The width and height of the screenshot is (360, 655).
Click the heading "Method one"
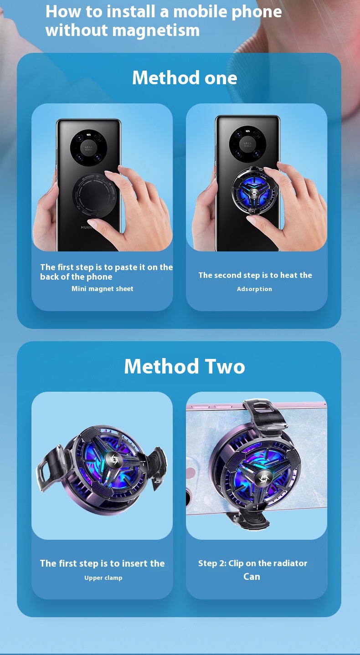pyautogui.click(x=185, y=78)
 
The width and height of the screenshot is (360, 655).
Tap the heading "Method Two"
pyautogui.click(x=185, y=366)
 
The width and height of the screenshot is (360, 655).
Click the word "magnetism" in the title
pyautogui.click(x=156, y=31)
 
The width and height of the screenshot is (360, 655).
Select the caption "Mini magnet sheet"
pyautogui.click(x=103, y=289)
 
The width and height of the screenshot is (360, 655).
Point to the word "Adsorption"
pyautogui.click(x=254, y=289)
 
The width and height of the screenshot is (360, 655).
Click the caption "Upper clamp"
pyautogui.click(x=103, y=578)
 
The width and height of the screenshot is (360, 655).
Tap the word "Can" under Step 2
pyautogui.click(x=252, y=577)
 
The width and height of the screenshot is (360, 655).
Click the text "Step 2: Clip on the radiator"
pyautogui.click(x=252, y=563)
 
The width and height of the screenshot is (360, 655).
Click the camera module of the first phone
pyautogui.click(x=88, y=148)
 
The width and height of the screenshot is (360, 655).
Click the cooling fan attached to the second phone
pyautogui.click(x=254, y=192)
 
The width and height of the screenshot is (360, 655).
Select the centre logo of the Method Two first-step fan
pyautogui.click(x=112, y=459)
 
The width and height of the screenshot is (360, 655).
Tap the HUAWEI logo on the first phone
pyautogui.click(x=87, y=227)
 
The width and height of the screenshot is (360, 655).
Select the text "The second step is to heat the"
pyautogui.click(x=255, y=275)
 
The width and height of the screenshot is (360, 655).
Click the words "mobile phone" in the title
pyautogui.click(x=227, y=12)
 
